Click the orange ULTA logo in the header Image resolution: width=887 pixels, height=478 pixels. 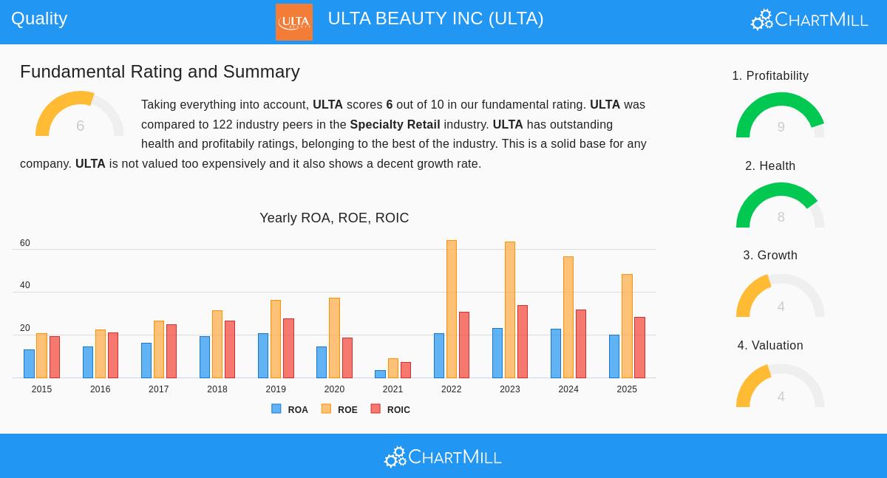[293, 22]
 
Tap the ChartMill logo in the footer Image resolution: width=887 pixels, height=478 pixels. [443, 457]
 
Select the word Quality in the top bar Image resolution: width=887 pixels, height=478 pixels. [39, 18]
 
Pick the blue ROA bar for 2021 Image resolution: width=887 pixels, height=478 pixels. [380, 374]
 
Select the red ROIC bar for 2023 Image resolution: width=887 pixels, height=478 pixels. [522, 341]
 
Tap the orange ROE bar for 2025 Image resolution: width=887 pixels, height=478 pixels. [627, 326]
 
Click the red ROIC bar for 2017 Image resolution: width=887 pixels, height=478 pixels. [171, 351]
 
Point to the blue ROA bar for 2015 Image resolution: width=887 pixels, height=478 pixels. [29, 363]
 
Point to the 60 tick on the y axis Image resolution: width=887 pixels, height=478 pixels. [25, 243]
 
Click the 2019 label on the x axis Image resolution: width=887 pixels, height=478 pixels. [276, 389]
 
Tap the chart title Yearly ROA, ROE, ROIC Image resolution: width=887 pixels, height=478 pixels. [334, 218]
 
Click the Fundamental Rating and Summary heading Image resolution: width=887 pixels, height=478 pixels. [160, 72]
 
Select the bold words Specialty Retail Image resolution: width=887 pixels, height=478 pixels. [395, 125]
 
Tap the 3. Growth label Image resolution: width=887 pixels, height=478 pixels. [770, 256]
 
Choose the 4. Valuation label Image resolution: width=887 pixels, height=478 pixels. [770, 346]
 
